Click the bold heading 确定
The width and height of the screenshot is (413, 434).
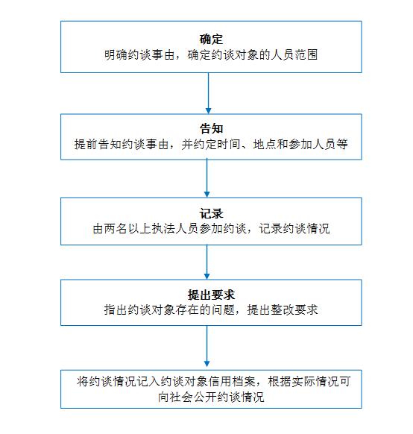(211, 40)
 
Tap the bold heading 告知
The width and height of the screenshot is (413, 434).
(211, 129)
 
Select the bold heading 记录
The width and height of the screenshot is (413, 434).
(211, 214)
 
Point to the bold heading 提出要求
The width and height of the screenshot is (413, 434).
(211, 295)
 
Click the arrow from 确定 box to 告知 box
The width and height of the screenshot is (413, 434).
(208, 93)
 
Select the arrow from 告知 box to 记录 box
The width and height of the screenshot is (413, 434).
(206, 178)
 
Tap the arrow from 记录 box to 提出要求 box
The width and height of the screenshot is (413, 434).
(206, 262)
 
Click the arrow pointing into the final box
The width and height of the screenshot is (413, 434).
(206, 346)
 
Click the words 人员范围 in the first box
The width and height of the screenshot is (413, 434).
(294, 54)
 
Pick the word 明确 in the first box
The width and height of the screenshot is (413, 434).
(116, 54)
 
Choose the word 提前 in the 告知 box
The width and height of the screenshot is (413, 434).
(86, 144)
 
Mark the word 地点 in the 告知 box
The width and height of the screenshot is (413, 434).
(265, 144)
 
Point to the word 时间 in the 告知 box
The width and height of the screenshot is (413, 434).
(229, 144)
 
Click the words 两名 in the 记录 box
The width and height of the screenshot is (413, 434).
(116, 229)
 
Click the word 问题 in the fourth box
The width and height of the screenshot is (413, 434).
(223, 309)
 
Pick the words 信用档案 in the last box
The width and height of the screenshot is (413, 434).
(232, 381)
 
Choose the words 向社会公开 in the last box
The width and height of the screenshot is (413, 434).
(188, 397)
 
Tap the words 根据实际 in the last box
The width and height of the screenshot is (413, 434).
(291, 381)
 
